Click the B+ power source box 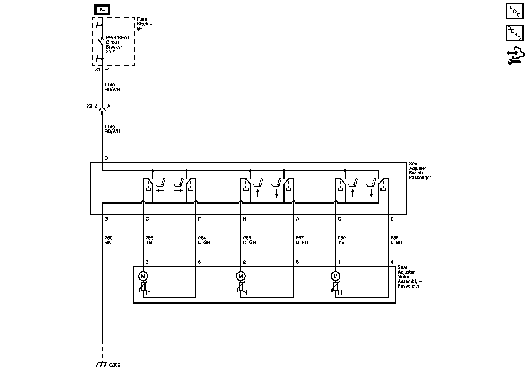click(102, 10)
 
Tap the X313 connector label click(92, 106)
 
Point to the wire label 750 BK click(108, 240)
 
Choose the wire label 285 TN click(149, 240)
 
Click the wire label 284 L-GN click(204, 240)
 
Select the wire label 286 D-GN click(249, 240)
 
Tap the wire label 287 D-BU click(302, 240)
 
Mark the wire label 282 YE click(342, 240)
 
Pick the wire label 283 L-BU click(396, 240)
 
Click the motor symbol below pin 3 click(143, 276)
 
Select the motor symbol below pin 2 click(241, 276)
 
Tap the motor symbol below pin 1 click(335, 276)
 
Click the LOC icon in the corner click(515, 11)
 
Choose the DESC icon click(515, 33)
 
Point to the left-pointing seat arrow click(160, 191)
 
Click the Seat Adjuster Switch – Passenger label click(420, 171)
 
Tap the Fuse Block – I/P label click(144, 24)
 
